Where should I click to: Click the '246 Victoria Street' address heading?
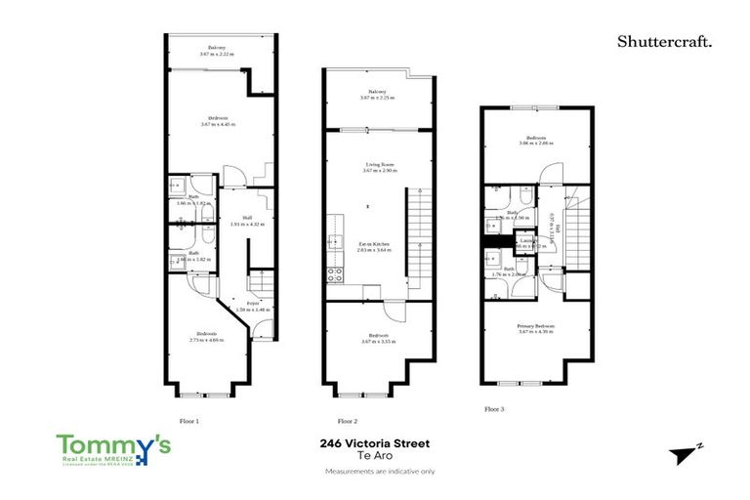coord(375,442)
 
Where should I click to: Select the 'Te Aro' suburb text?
coord(375,456)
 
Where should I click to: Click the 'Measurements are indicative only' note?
coord(375,472)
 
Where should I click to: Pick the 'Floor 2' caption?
coord(349,421)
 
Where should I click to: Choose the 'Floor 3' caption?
coord(497,409)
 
